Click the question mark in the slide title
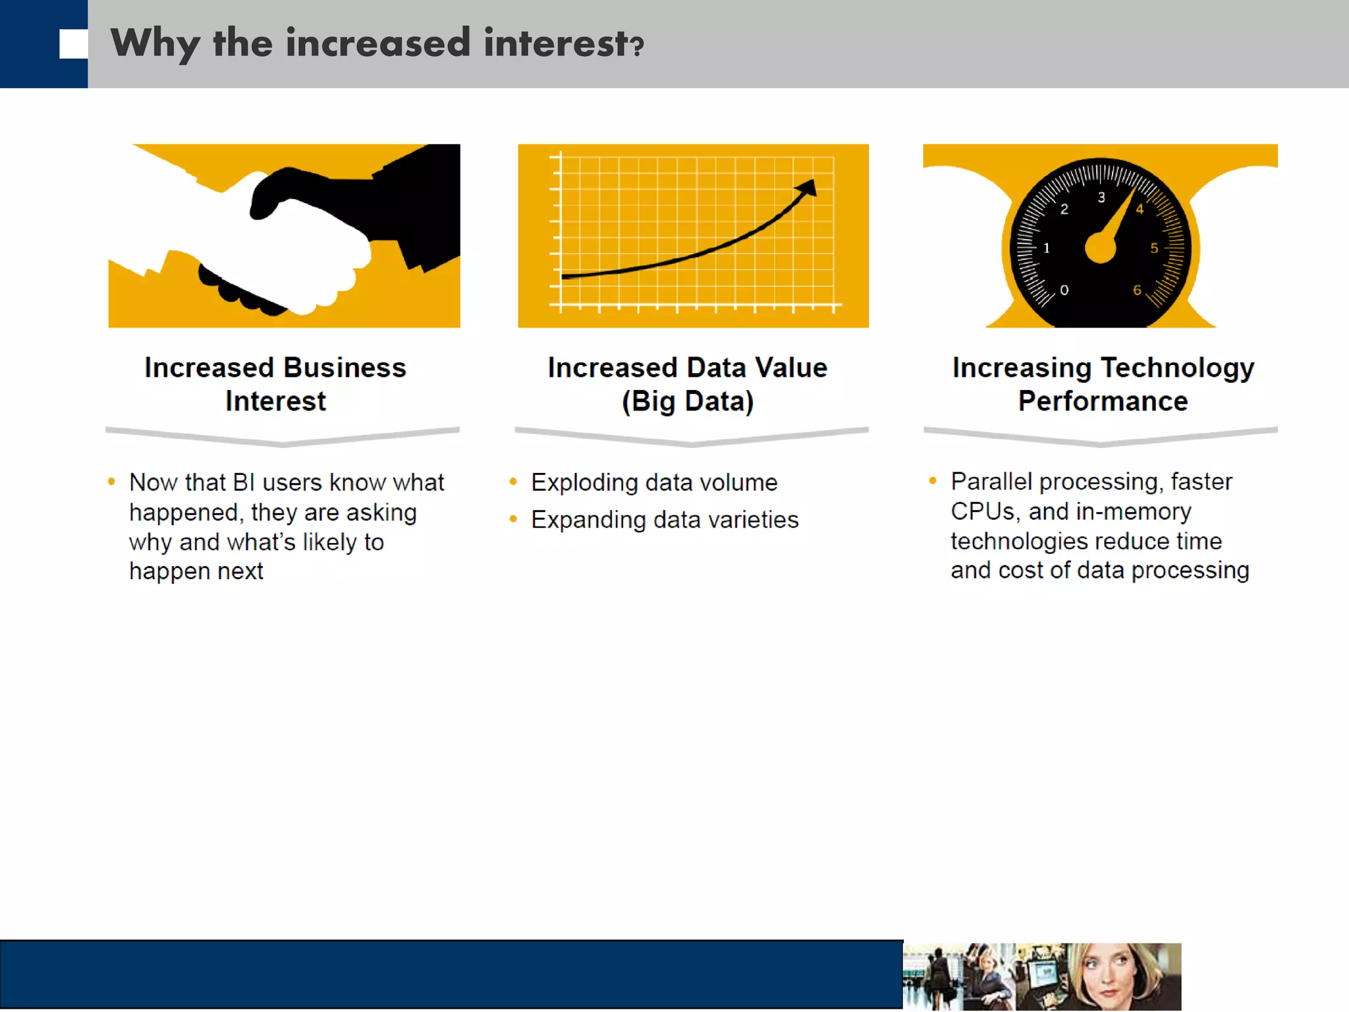click(636, 46)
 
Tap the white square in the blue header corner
click(73, 44)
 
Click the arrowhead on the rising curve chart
click(808, 188)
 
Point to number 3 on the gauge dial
click(1101, 197)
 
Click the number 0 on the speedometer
click(1064, 290)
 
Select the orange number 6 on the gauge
click(1137, 290)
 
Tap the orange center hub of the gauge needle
click(1101, 248)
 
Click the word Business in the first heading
click(344, 368)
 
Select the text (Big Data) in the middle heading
click(688, 401)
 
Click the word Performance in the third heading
click(1103, 401)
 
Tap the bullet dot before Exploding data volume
click(513, 482)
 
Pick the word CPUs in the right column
click(982, 511)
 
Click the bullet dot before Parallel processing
click(933, 481)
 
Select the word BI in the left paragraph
click(244, 482)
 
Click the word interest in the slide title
click(555, 43)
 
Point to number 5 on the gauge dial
click(1154, 248)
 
